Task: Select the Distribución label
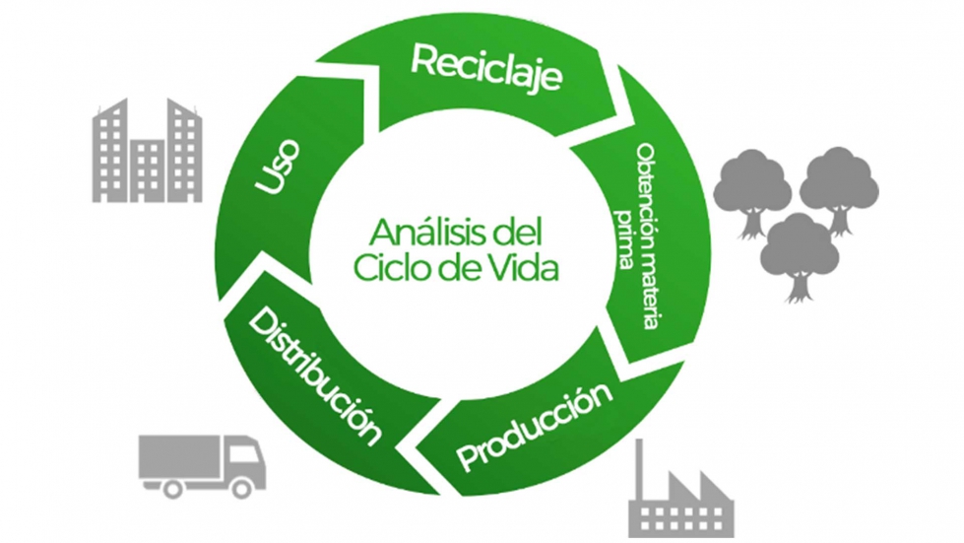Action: point(314,375)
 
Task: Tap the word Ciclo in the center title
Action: point(390,268)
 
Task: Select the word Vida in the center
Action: point(517,268)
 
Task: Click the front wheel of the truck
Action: point(241,486)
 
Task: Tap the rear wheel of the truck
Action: point(173,486)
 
